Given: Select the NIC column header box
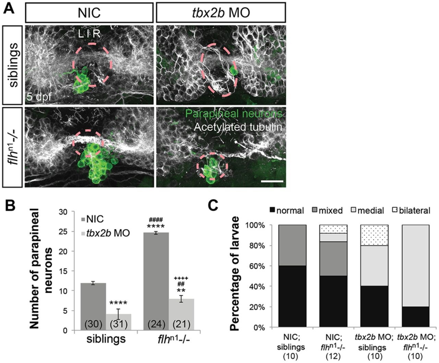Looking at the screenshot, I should tap(89, 13).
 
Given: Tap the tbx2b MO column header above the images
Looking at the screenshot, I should tap(221, 13).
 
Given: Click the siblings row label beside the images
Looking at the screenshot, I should tap(12, 65).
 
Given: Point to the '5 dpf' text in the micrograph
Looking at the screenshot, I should tap(39, 97).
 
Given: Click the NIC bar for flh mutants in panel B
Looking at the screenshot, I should tap(156, 281).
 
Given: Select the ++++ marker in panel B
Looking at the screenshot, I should tap(181, 278).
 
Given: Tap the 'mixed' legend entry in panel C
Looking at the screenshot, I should tap(327, 210).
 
